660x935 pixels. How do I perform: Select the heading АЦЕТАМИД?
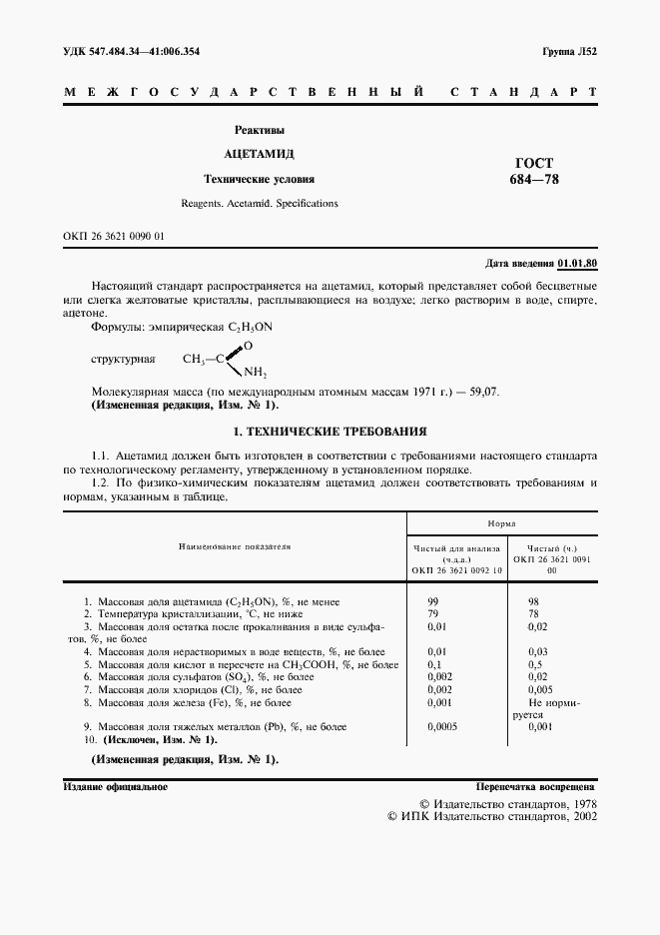click(x=259, y=154)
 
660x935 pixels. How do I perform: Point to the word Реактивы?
click(x=259, y=130)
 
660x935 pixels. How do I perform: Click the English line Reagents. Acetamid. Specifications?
click(x=259, y=203)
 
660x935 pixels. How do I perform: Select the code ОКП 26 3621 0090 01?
click(x=113, y=236)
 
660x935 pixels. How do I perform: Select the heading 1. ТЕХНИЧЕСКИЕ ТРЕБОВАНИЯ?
click(x=330, y=432)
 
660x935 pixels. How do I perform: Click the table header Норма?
click(x=501, y=523)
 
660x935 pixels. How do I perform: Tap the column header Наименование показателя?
click(x=235, y=546)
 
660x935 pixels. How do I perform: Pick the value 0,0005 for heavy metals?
click(x=441, y=726)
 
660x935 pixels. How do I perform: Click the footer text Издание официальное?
click(x=115, y=787)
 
